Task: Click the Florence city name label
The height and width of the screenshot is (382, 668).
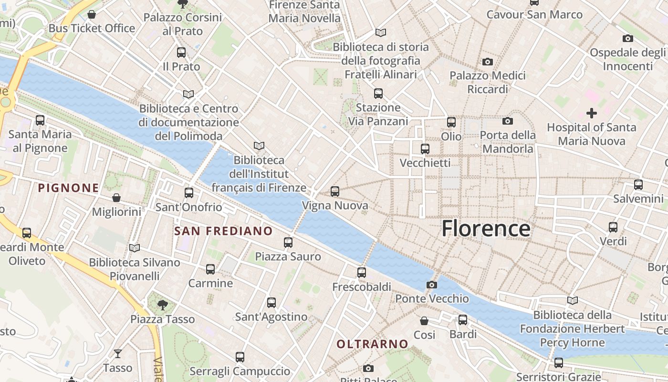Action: click(486, 228)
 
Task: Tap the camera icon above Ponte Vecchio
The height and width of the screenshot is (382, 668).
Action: click(432, 285)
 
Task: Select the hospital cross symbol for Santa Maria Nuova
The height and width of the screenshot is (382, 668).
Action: click(592, 113)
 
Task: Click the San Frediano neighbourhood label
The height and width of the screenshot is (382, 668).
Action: click(223, 231)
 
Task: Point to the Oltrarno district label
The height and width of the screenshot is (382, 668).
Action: click(372, 344)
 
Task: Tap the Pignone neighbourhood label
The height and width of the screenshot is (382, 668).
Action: click(68, 188)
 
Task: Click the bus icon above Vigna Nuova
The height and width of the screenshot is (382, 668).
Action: click(335, 191)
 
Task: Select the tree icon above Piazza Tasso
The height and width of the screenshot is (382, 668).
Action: click(163, 305)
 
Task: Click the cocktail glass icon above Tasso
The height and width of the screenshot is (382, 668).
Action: click(117, 354)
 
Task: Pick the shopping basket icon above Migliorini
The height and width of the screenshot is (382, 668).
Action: click(116, 198)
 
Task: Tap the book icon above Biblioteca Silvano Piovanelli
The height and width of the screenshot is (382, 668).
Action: click(135, 248)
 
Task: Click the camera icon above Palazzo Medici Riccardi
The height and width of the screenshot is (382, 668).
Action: click(487, 62)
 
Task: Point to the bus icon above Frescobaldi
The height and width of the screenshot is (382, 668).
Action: click(362, 273)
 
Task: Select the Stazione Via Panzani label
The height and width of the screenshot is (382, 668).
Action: click(378, 114)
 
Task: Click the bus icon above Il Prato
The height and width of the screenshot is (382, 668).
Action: click(181, 53)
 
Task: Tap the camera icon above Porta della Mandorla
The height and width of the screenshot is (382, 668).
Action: click(508, 121)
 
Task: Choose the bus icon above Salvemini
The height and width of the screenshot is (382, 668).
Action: click(638, 184)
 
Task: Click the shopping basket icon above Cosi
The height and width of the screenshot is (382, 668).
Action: click(424, 321)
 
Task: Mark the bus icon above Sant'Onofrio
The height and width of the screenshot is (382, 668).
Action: click(189, 193)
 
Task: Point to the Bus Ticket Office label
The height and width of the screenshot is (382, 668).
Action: click(92, 28)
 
